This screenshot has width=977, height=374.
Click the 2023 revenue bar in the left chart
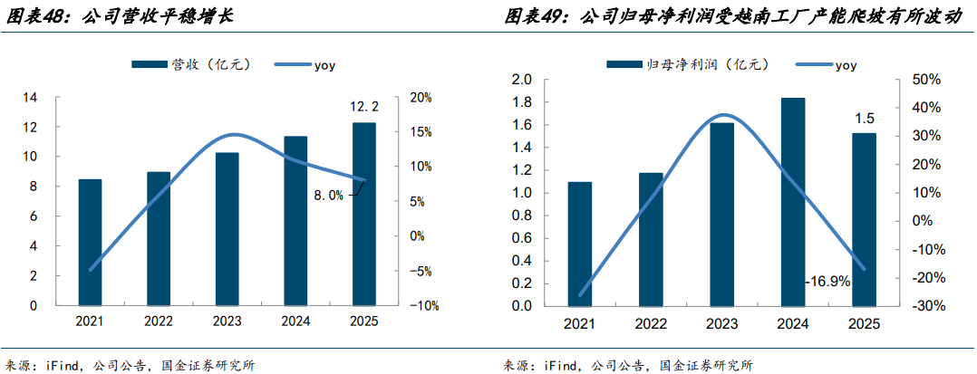(x=227, y=229)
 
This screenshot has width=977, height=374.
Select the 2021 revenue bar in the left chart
(x=90, y=242)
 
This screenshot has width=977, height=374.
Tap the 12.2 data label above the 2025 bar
(x=363, y=107)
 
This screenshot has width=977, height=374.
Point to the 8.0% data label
(x=329, y=195)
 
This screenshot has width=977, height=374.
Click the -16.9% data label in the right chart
(x=827, y=282)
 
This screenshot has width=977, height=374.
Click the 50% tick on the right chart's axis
(x=919, y=80)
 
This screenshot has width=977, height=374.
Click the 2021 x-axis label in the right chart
(x=580, y=323)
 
